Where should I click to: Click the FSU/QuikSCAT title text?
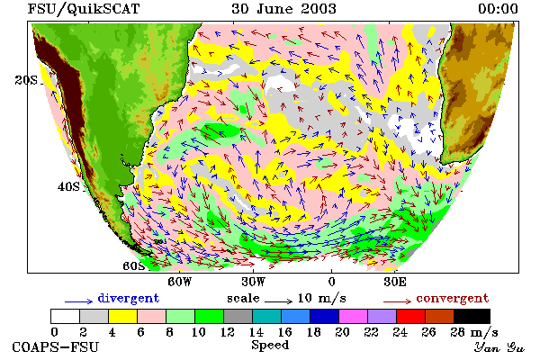click(x=84, y=9)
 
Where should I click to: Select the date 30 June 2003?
click(x=283, y=9)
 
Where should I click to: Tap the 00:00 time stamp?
click(x=498, y=9)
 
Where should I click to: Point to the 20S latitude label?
click(x=26, y=80)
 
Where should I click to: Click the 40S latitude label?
click(x=68, y=186)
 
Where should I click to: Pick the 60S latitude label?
click(x=133, y=266)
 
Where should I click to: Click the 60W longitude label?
click(x=179, y=282)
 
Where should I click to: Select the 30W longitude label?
click(x=254, y=282)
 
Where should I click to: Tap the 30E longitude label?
click(x=395, y=282)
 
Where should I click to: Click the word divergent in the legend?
click(x=129, y=298)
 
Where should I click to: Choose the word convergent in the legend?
click(x=452, y=298)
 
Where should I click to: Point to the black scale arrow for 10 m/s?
click(x=278, y=301)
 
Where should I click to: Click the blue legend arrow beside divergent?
click(x=79, y=301)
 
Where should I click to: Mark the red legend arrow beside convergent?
click(x=397, y=301)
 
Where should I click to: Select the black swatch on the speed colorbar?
click(x=472, y=316)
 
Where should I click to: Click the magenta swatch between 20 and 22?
click(x=354, y=316)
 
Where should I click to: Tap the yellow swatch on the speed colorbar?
click(x=123, y=316)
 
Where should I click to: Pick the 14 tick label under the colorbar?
click(x=256, y=332)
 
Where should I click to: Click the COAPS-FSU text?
click(x=56, y=346)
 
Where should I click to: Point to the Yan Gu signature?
click(x=499, y=347)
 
